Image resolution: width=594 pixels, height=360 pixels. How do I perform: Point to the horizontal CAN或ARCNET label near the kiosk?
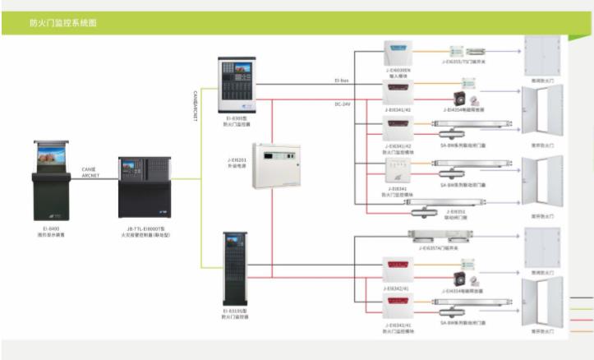(90, 172)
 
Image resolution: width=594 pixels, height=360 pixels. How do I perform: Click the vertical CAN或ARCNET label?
(196, 106)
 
